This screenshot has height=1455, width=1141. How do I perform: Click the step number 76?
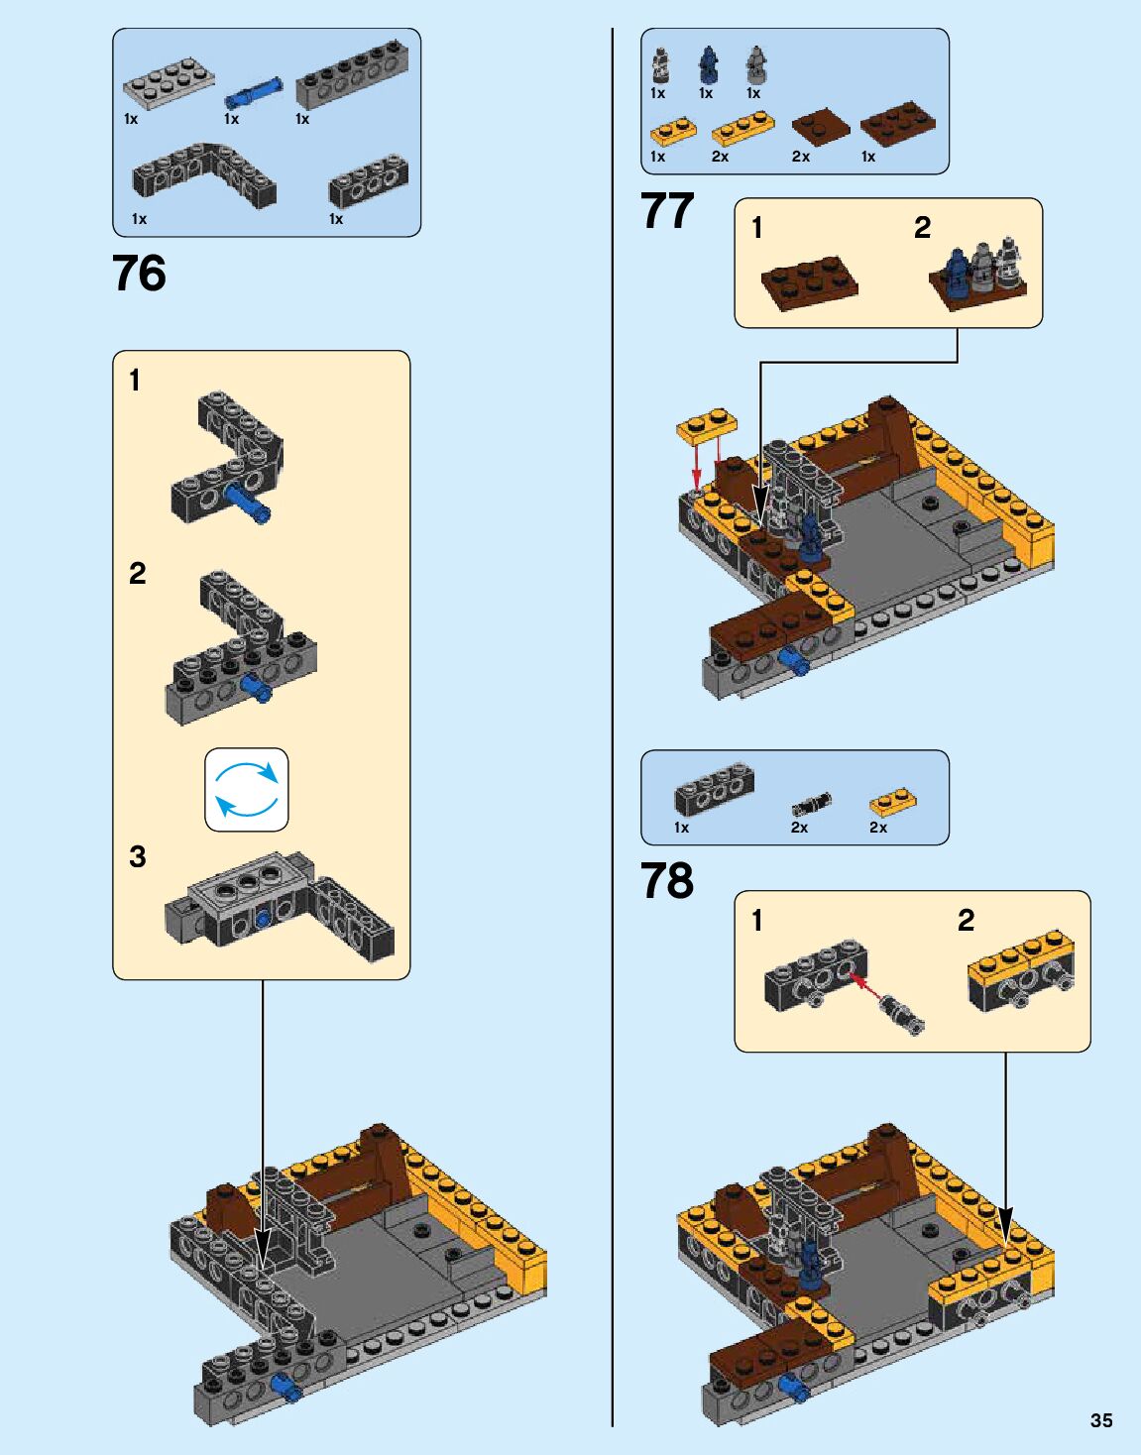(139, 274)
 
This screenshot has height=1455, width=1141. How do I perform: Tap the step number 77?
(667, 210)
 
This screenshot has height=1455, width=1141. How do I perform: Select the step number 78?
(667, 880)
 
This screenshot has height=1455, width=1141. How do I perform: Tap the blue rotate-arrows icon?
(247, 789)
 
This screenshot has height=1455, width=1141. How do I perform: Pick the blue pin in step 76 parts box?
(253, 92)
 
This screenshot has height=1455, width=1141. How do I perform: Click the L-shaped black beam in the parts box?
(204, 176)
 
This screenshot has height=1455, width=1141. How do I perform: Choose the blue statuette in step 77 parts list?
(707, 65)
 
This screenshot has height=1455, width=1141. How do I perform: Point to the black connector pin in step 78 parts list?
(812, 803)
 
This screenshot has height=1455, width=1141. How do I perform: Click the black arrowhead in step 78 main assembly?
(1005, 1226)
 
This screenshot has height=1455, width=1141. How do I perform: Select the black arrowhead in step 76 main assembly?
(262, 1249)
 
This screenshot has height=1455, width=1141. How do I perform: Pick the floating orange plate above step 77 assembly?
(707, 426)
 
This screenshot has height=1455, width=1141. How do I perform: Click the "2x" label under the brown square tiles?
(801, 157)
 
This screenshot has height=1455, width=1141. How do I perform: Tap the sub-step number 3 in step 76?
(137, 856)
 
